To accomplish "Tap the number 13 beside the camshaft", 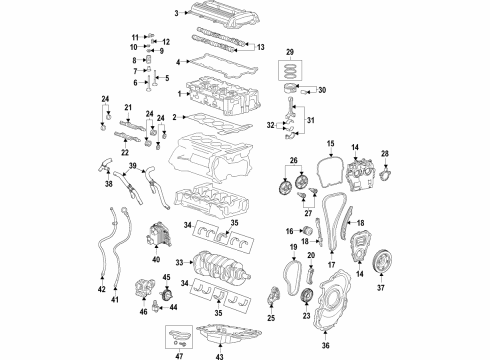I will [x=261, y=47].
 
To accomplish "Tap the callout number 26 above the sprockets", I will [x=293, y=160].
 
